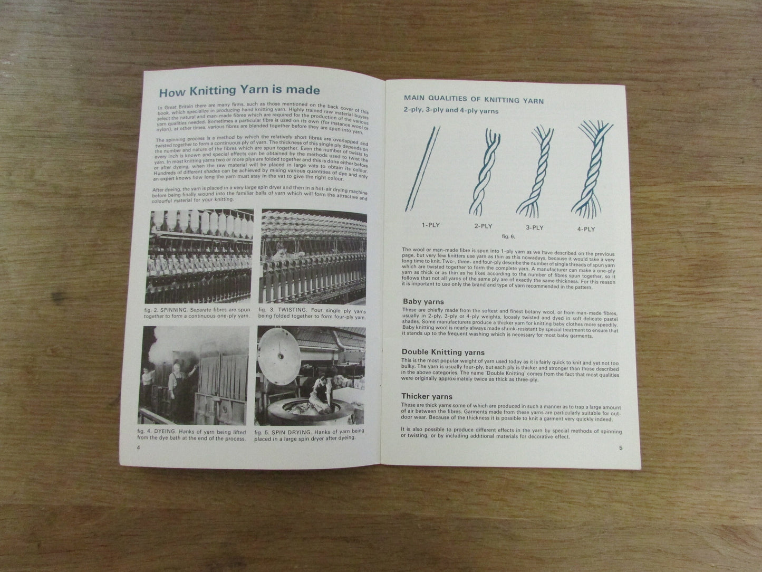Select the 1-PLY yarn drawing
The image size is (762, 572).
click(x=423, y=166)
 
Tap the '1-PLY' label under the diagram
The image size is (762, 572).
click(x=430, y=225)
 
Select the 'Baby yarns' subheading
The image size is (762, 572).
click(x=423, y=302)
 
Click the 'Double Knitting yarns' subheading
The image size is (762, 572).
click(x=443, y=352)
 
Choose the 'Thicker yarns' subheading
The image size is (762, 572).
click(x=427, y=396)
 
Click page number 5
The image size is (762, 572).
click(x=621, y=448)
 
